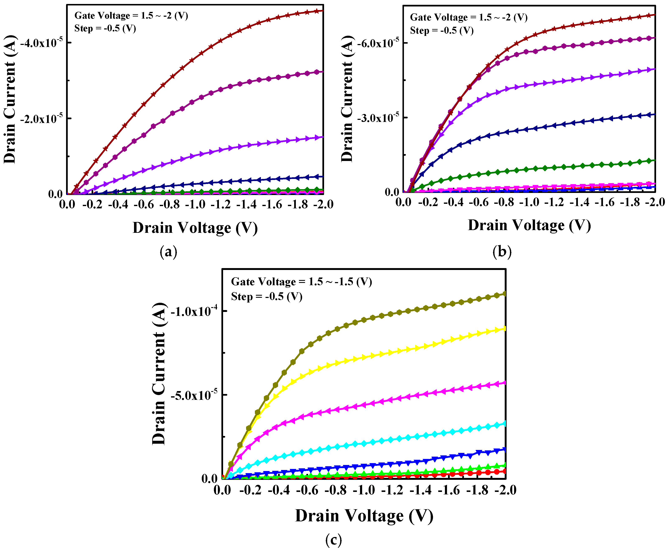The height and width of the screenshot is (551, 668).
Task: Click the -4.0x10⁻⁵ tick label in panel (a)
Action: coord(41,43)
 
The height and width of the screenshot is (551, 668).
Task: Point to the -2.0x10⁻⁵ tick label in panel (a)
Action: coord(41,119)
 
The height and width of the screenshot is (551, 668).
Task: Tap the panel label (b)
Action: coord(502,252)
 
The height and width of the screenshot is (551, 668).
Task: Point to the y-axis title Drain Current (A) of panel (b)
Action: coord(347,98)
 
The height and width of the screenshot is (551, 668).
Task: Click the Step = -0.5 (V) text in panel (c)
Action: coord(267,296)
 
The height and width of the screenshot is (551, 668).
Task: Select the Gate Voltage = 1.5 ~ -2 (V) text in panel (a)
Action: coord(131,15)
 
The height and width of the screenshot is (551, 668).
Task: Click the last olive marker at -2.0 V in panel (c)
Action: coord(505,294)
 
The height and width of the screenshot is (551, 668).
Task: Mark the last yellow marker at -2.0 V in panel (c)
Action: coord(505,328)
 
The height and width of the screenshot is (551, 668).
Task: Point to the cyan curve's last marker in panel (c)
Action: coord(505,423)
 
